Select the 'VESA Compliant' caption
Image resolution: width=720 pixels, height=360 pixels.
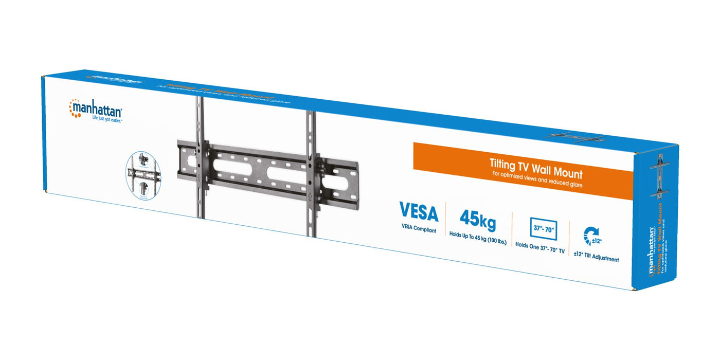pos(419,230)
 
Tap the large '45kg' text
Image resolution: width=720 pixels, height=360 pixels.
pos(478,218)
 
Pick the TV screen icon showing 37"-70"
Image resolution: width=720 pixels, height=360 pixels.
pos(543,228)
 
